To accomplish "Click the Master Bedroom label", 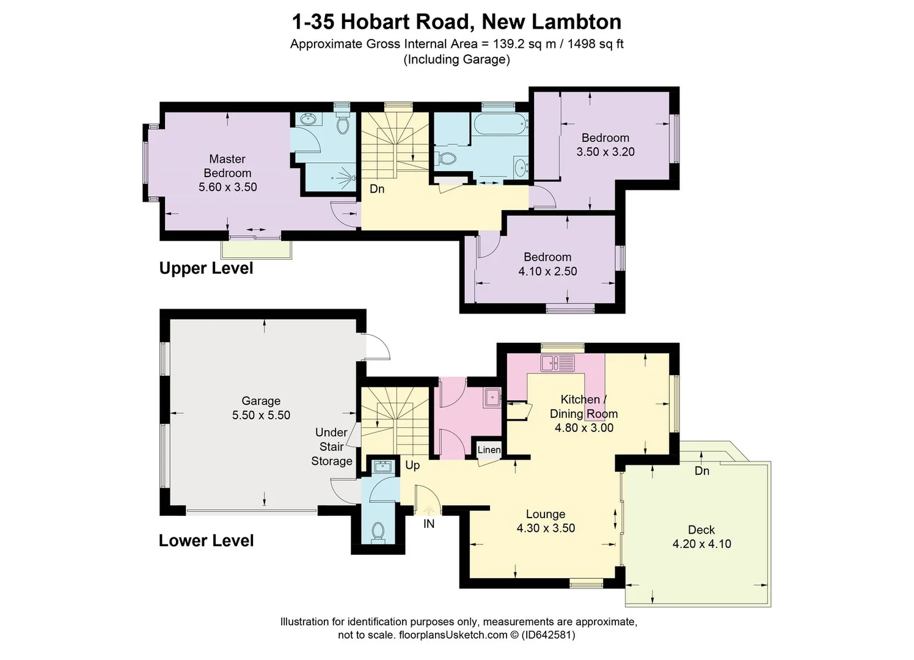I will coord(227,166).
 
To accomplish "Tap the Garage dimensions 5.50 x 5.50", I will coord(261,415).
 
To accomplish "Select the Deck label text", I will coord(701,530).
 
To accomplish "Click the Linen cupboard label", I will coord(489,450).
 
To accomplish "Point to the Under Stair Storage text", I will coord(332,447).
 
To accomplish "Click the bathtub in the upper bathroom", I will coord(499,125).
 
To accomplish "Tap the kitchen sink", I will coord(557,363).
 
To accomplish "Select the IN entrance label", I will coord(429,524).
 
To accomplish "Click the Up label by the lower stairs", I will coord(412,465).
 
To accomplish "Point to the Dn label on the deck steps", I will coord(702,471).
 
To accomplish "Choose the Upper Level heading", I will coord(206,268).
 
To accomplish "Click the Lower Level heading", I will coord(206,541).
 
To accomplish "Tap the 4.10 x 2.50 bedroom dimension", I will coord(547,271).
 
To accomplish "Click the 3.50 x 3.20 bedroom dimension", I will coord(605,152).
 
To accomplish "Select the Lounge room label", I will coord(546,514).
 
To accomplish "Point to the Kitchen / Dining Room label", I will coord(583,406).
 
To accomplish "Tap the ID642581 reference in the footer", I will coord(547,635).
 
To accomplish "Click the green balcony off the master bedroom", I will coord(257,249).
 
